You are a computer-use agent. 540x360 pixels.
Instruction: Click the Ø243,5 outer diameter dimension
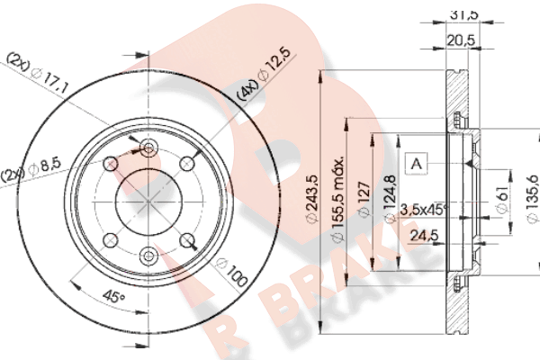(x=312, y=200)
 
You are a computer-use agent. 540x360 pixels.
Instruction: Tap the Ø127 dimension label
(x=364, y=200)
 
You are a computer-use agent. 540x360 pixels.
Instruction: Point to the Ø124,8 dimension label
(x=390, y=200)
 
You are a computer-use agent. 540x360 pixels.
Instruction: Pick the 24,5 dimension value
(x=424, y=236)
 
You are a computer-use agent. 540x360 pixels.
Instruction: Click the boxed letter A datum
(x=417, y=163)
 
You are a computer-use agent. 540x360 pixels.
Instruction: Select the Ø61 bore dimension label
(x=502, y=201)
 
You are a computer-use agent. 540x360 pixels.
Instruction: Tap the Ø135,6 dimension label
(x=533, y=200)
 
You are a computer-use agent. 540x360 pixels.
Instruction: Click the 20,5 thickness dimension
(x=461, y=40)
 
